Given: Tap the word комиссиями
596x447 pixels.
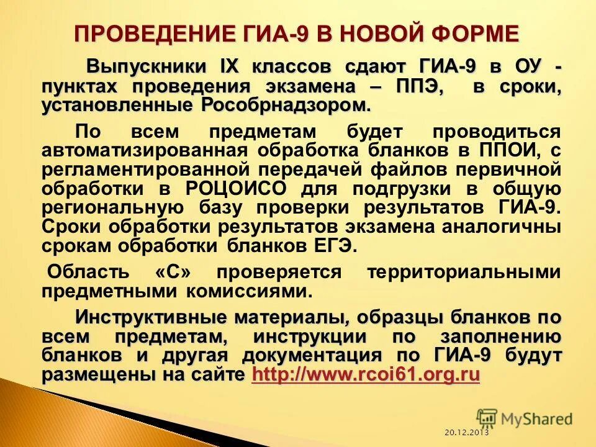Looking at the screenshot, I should tap(246, 291).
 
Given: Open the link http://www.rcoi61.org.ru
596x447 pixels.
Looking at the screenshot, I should tap(366, 374).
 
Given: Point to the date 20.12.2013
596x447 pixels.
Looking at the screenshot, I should tap(466, 432).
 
